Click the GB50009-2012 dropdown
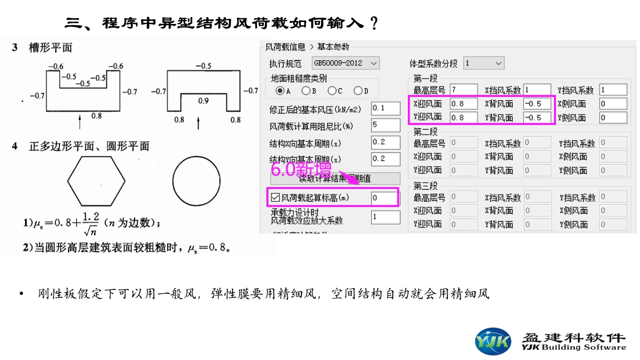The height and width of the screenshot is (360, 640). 345,63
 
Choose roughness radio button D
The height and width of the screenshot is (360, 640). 357,90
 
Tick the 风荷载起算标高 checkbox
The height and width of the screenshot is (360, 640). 275,198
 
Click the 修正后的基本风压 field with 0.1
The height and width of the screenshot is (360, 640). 385,108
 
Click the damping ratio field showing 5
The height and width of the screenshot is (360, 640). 385,125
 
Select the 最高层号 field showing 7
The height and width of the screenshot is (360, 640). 463,90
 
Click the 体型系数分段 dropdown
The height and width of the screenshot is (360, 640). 483,63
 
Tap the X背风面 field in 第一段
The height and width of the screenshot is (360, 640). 537,104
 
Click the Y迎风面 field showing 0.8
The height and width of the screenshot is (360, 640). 463,117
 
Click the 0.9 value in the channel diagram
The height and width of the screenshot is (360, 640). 203,100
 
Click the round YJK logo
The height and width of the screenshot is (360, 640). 493,341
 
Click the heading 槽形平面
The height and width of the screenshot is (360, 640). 50,47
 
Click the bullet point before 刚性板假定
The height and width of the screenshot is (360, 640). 21,294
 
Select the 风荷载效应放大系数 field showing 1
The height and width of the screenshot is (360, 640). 385,217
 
